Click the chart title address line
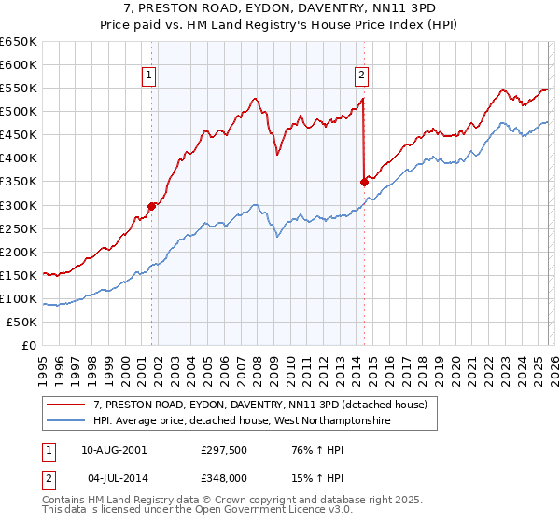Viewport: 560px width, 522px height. (280, 8)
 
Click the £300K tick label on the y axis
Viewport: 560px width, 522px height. (19, 205)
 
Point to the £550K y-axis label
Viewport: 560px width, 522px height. (19, 89)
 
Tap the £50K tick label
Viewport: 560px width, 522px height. (22, 322)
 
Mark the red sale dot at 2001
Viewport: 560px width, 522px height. (151, 206)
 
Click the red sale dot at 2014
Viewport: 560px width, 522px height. (364, 183)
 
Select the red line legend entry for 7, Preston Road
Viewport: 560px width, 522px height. (259, 405)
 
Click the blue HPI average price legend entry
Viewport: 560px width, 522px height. (240, 421)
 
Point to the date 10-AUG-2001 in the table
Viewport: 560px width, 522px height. (113, 450)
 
